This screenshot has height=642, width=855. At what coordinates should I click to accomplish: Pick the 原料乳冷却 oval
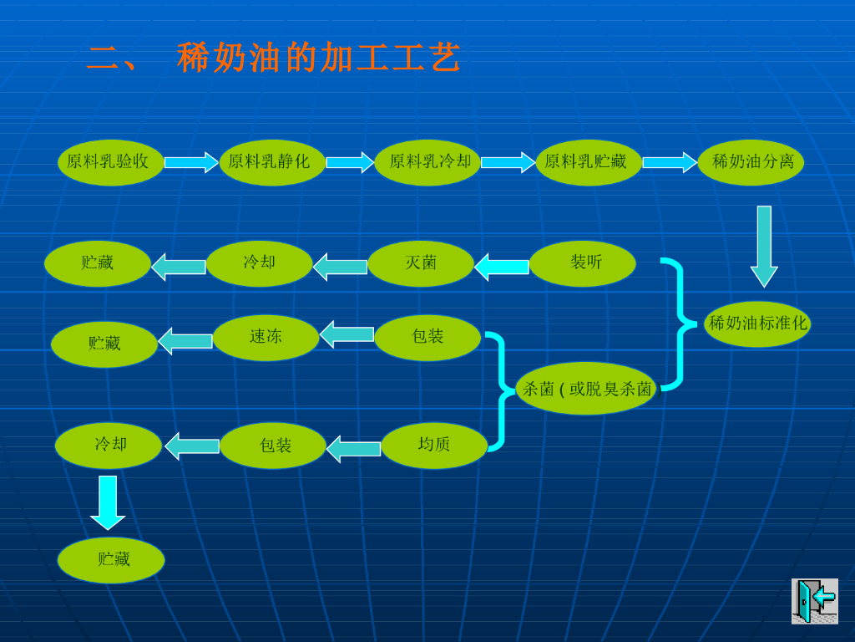click(427, 162)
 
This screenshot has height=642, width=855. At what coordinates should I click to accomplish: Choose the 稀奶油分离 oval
click(751, 162)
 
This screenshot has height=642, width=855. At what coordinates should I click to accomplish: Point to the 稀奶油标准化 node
click(757, 324)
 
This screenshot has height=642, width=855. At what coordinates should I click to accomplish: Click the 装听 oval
click(583, 263)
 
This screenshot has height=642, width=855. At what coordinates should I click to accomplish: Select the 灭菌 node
click(421, 263)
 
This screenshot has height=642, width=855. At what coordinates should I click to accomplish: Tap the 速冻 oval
click(266, 338)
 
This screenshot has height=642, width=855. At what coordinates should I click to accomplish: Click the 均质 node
click(434, 446)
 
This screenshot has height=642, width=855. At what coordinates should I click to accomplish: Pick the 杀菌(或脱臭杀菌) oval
click(586, 389)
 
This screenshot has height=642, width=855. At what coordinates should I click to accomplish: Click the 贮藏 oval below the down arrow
click(111, 560)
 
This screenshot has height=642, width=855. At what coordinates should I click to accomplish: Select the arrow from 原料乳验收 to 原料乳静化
click(191, 162)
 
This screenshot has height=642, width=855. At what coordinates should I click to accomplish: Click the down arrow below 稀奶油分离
click(764, 246)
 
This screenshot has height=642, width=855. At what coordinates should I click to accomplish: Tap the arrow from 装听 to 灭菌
click(502, 267)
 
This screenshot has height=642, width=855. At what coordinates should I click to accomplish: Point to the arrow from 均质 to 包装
click(354, 449)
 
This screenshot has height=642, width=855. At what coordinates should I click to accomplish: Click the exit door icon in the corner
click(814, 600)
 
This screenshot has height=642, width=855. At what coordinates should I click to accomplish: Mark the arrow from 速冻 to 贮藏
click(185, 341)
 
